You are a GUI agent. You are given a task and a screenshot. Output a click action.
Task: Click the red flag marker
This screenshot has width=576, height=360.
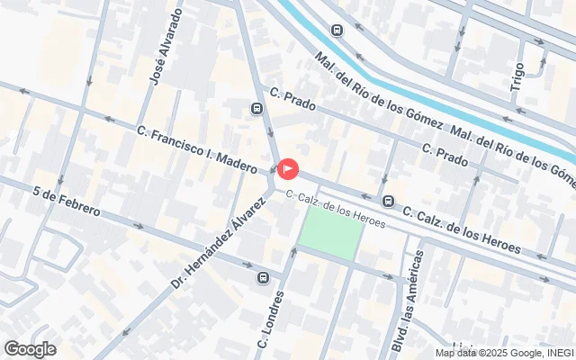click(288, 168)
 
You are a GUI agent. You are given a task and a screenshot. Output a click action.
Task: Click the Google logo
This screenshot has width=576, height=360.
click(30, 349)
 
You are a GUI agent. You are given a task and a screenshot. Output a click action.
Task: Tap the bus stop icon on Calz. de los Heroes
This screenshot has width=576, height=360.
click(388, 201)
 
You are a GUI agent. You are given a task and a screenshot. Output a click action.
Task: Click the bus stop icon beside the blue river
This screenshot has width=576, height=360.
click(337, 31)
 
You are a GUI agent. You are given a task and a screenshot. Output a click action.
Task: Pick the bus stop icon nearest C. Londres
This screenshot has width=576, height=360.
click(263, 277)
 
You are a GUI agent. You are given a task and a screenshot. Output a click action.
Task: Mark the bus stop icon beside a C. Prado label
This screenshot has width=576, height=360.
click(257, 109)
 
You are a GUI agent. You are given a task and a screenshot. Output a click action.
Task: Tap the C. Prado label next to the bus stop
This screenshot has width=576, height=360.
click(292, 100)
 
